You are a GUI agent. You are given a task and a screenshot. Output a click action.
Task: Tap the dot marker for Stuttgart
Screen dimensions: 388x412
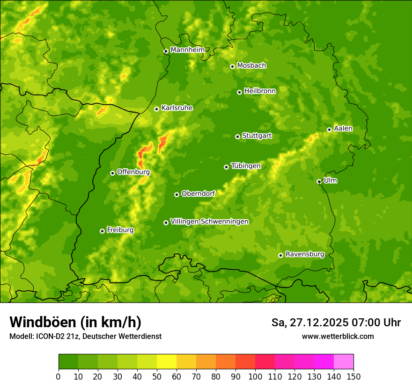pyautogui.click(x=237, y=137)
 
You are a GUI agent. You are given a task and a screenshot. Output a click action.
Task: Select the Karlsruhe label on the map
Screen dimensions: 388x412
pyautogui.click(x=177, y=108)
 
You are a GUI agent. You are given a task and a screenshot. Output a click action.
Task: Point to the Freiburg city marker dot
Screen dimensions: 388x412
pyautogui.click(x=102, y=231)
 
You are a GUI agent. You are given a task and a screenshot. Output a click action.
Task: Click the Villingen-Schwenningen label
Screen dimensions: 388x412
pyautogui.click(x=209, y=222)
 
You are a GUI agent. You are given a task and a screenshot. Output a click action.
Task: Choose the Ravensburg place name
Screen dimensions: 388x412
pyautogui.click(x=305, y=254)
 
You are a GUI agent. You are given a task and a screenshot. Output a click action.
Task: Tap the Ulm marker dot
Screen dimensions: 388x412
pyautogui.click(x=319, y=181)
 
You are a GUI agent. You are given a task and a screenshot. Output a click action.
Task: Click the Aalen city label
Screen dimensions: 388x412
pyautogui.click(x=343, y=129)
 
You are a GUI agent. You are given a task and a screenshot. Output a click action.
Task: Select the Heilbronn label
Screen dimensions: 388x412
pyautogui.click(x=260, y=91)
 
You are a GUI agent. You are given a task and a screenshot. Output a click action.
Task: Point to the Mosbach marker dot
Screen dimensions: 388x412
pyautogui.click(x=232, y=66)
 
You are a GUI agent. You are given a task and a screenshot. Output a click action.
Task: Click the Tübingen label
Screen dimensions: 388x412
pyautogui.click(x=246, y=166)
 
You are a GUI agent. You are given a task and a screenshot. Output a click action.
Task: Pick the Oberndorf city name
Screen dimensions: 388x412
pyautogui.click(x=198, y=194)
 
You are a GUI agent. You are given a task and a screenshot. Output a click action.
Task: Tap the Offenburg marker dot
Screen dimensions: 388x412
pyautogui.click(x=112, y=173)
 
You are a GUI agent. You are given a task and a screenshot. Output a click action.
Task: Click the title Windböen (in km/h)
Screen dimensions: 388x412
pyautogui.click(x=75, y=322)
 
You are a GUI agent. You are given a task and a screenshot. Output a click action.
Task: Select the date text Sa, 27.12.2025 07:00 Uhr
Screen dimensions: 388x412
pyautogui.click(x=336, y=323)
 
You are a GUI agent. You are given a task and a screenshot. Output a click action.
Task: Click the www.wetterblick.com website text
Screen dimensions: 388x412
pyautogui.click(x=338, y=336)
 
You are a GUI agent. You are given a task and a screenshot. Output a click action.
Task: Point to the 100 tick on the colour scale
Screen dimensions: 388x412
pyautogui.click(x=255, y=376)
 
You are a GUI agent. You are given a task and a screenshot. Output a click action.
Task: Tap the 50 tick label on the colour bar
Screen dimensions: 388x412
pyautogui.click(x=157, y=376)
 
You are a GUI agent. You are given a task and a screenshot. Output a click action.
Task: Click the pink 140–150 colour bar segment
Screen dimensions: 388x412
pyautogui.click(x=344, y=361)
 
